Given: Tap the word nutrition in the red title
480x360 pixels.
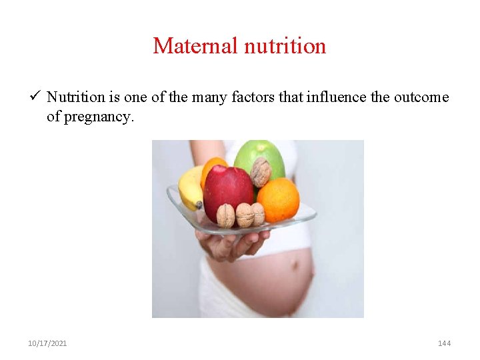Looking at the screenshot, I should (285, 46).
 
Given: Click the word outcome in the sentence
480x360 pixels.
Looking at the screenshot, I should (421, 97).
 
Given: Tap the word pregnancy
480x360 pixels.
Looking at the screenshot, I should (98, 117).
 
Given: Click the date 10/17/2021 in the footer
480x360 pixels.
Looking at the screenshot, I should (47, 343).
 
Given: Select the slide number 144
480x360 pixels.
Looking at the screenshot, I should (444, 343).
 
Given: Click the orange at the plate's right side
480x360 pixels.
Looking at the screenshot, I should (279, 198).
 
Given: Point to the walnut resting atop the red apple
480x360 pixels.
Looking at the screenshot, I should (260, 171).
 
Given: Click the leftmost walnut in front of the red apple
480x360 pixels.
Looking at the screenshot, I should (226, 215).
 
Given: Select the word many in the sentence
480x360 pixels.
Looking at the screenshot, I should (207, 97).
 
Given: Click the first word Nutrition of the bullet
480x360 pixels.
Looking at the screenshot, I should (75, 97).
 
